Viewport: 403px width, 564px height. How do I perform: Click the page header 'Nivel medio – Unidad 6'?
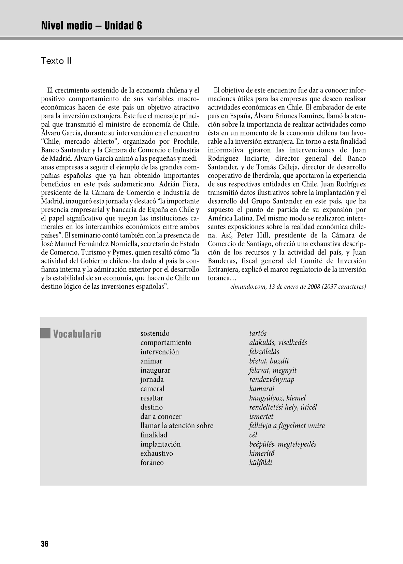click(91, 26)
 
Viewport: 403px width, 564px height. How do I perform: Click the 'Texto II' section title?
click(56, 61)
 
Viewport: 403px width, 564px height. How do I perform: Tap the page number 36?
click(45, 544)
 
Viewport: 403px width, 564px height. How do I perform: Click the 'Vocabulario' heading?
click(77, 334)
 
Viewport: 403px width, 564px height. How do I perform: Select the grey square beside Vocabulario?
click(45, 333)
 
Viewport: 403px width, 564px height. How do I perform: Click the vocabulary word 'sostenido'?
click(155, 333)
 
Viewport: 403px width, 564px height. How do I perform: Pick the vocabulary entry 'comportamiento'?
click(166, 343)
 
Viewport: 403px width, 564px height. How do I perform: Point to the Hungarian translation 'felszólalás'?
click(264, 352)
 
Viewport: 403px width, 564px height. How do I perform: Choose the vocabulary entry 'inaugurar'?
click(155, 370)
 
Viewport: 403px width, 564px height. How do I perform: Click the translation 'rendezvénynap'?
click(272, 379)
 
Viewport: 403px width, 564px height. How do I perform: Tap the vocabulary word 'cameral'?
click(152, 389)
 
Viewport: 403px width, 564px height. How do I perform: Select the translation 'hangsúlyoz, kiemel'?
click(277, 398)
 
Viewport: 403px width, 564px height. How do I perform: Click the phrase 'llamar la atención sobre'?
click(177, 425)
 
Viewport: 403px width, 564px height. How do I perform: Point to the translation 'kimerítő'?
click(262, 453)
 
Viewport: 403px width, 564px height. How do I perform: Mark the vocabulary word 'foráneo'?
click(152, 463)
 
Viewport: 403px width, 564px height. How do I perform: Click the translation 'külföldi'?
click(261, 463)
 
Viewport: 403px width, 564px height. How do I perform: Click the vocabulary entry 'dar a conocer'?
click(161, 416)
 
